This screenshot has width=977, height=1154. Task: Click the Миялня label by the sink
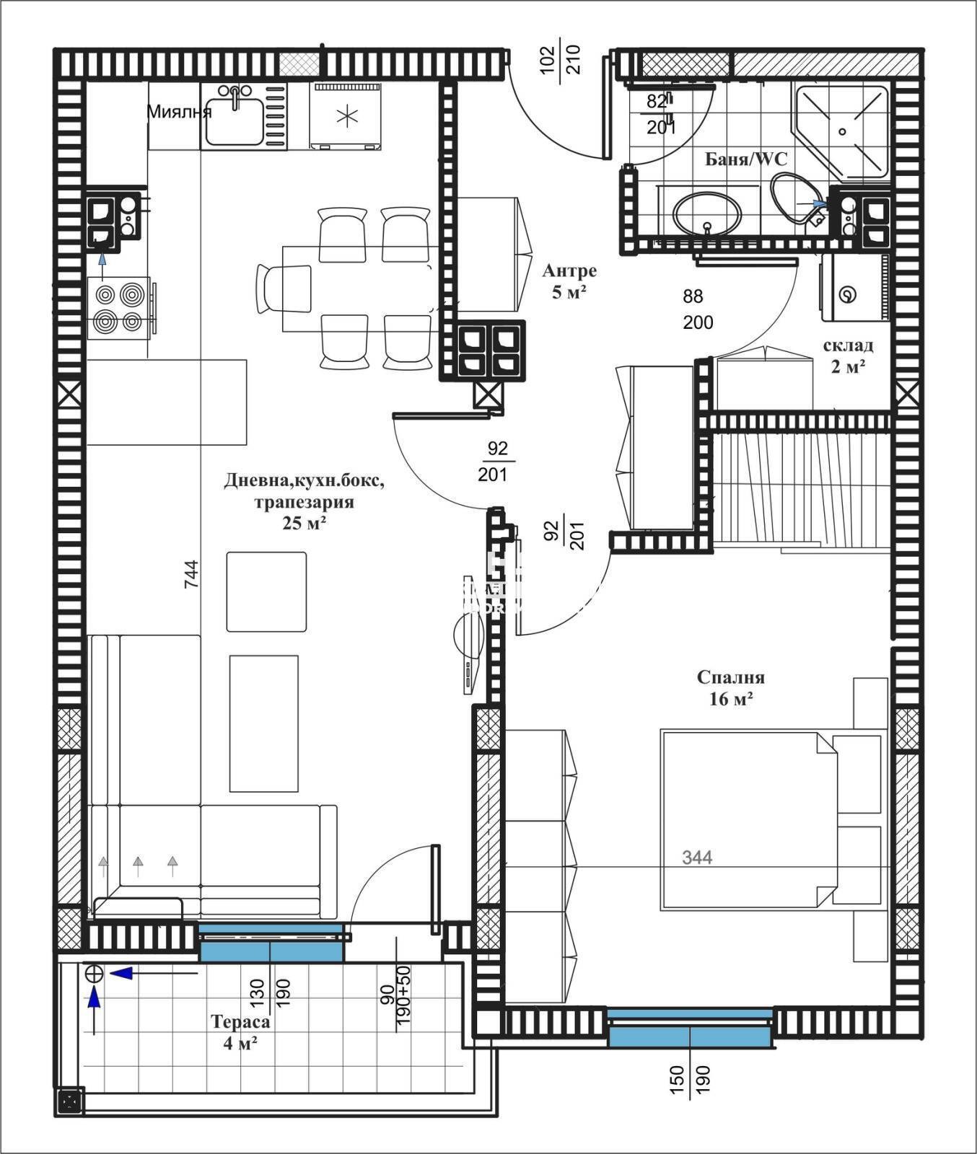coord(179,112)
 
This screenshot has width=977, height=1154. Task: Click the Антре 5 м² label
coord(569,281)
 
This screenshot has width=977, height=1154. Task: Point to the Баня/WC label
coord(746,159)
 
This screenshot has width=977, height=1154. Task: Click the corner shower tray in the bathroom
coord(841,131)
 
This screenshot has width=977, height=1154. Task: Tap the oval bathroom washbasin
coord(706,213)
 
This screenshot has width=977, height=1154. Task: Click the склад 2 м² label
coord(848,356)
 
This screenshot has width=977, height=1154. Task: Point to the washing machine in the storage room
coord(852,288)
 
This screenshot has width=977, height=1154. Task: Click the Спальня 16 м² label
coord(730,687)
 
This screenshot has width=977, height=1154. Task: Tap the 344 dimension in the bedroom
coord(697,858)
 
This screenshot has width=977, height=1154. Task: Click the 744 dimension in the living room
coord(191,575)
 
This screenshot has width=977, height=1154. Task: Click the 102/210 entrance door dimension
coord(560,61)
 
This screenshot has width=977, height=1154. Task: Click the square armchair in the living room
coord(266,591)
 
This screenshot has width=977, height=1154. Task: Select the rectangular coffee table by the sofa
coord(263,723)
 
